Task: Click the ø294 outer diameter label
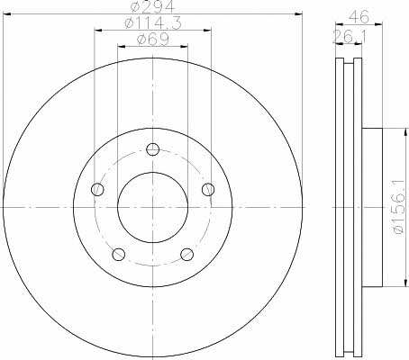click(152, 6)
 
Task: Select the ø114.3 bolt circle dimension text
click(153, 22)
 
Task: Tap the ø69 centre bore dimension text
click(153, 40)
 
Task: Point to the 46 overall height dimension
click(359, 16)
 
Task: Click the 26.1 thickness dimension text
click(350, 36)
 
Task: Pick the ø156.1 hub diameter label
click(399, 207)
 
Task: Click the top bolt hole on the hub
click(152, 148)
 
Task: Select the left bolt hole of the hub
click(97, 189)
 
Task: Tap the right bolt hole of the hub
click(208, 189)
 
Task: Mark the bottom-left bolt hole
click(118, 255)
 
